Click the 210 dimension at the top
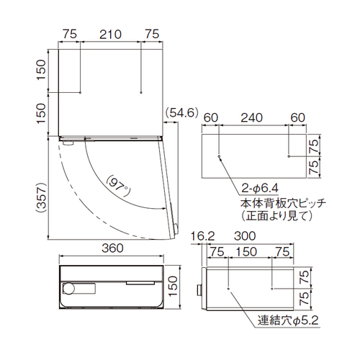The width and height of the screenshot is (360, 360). [110, 35]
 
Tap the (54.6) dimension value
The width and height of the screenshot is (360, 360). [182, 112]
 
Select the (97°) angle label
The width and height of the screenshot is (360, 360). [118, 186]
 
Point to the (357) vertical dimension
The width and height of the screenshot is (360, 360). [40, 197]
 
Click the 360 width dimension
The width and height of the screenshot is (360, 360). [112, 248]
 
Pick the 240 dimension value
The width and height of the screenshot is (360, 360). [252, 117]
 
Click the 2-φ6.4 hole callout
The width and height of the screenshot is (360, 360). [260, 188]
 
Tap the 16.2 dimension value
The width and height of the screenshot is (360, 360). [202, 236]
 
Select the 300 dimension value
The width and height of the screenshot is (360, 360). [245, 236]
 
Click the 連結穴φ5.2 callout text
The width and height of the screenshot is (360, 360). [288, 320]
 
